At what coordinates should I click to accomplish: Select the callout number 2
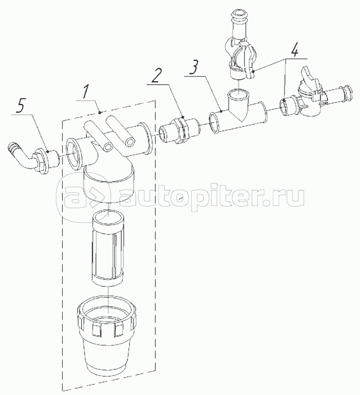point(160,73)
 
